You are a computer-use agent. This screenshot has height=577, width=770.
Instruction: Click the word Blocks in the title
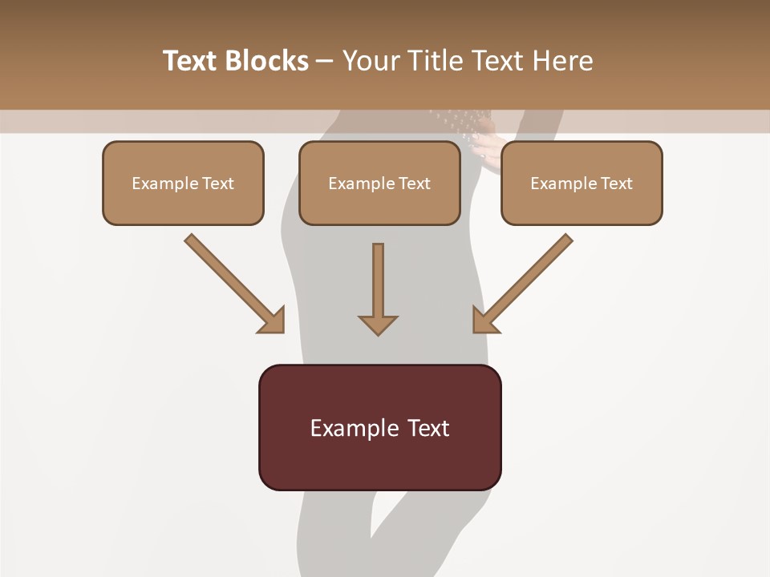tap(269, 61)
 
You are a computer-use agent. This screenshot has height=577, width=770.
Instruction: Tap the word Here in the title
tap(562, 61)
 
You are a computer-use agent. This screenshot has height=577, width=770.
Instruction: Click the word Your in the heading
tap(371, 61)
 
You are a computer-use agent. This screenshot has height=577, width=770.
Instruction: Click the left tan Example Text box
tap(183, 183)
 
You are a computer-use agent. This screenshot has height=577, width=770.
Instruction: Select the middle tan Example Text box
tap(379, 183)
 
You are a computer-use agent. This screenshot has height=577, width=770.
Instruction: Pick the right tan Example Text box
tap(582, 183)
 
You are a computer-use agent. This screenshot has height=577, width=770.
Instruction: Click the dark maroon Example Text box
tap(379, 427)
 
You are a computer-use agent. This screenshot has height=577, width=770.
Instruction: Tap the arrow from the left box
tap(233, 283)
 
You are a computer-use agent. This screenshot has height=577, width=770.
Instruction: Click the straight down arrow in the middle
tap(378, 288)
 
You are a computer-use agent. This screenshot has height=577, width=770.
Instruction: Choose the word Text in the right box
tap(617, 183)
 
